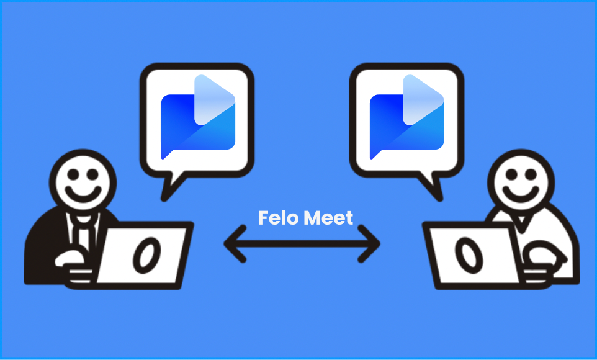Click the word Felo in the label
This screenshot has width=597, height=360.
(x=275, y=218)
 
